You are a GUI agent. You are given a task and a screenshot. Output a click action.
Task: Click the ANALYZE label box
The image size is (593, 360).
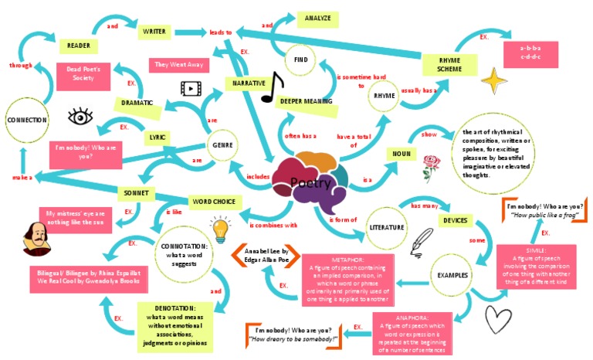coord(318,18)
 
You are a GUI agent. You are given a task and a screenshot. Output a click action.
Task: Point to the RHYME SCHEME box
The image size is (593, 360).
coord(449,65)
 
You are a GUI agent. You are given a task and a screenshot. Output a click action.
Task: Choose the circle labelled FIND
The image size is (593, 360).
coord(302,59)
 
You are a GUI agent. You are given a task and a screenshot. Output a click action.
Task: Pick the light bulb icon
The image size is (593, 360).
coord(221,228)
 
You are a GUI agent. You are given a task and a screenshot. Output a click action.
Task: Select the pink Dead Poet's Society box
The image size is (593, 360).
coord(83,73)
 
